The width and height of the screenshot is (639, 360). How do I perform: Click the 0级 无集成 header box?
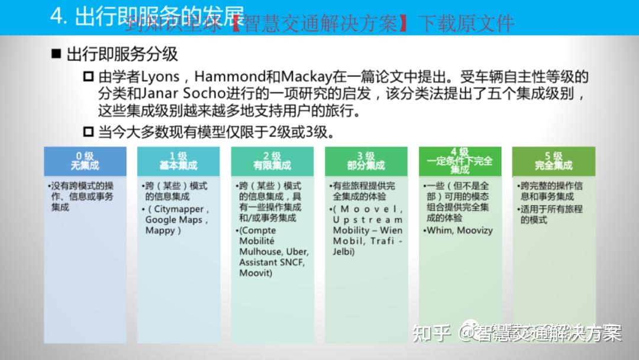(85, 161)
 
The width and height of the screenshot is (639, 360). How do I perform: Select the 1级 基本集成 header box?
(178, 161)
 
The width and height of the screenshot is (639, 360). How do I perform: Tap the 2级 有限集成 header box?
(272, 161)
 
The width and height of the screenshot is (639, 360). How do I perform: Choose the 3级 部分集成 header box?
(366, 161)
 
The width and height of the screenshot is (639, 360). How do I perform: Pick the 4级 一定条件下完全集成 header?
(460, 161)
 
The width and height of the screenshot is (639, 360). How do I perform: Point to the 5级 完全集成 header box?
(553, 161)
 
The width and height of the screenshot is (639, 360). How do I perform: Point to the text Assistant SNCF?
(272, 262)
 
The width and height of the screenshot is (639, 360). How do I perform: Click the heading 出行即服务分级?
(122, 54)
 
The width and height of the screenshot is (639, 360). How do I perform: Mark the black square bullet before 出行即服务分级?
(56, 54)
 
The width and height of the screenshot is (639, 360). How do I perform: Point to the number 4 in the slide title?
(57, 16)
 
